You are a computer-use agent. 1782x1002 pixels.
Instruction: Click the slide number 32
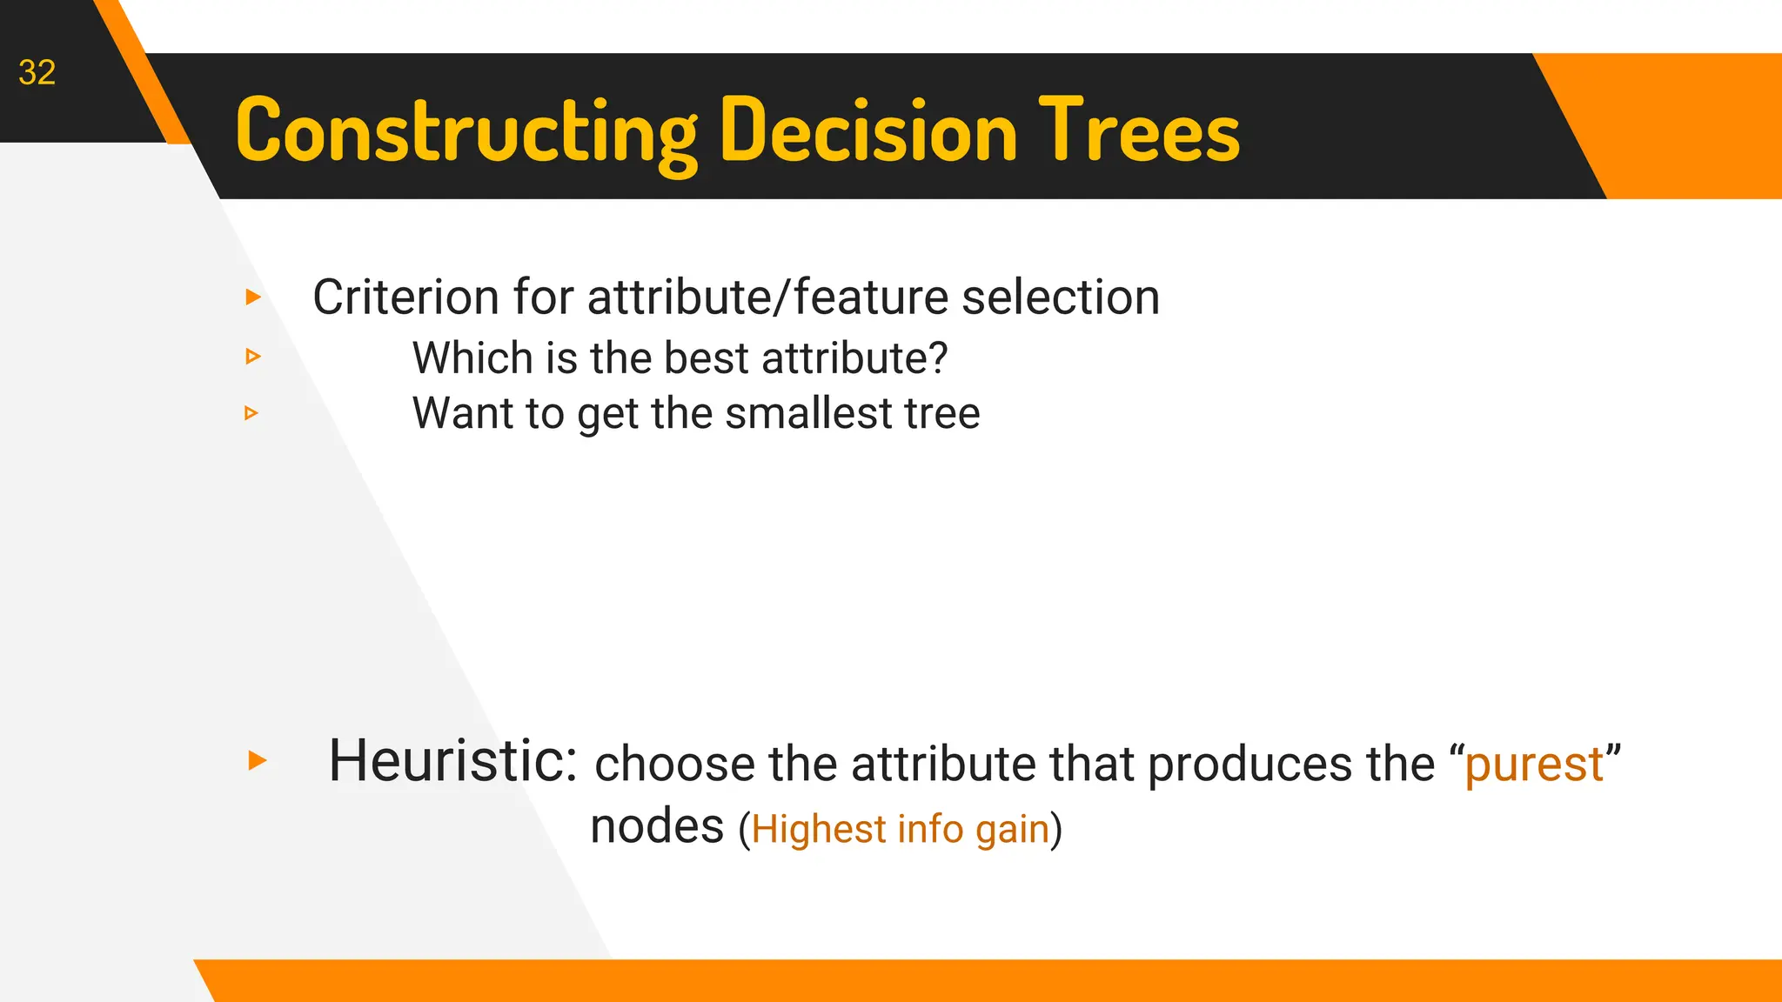point(37,72)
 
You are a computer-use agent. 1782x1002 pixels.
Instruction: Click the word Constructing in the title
point(466,131)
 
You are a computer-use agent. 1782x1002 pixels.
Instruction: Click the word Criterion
point(404,297)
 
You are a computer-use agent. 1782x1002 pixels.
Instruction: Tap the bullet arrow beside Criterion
point(253,297)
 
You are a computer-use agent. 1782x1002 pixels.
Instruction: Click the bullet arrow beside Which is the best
point(253,356)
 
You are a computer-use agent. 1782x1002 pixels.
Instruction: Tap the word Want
point(462,413)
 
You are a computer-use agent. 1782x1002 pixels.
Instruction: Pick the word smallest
point(808,413)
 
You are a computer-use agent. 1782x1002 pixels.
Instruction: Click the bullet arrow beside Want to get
point(251,412)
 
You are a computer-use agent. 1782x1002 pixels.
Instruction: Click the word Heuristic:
point(452,760)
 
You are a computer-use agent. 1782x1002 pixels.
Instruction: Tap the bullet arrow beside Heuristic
point(257,760)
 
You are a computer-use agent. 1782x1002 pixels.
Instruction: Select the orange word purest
point(1534,765)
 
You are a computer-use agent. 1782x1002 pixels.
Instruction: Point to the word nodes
point(657,826)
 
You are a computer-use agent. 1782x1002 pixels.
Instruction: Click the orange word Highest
point(819,829)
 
